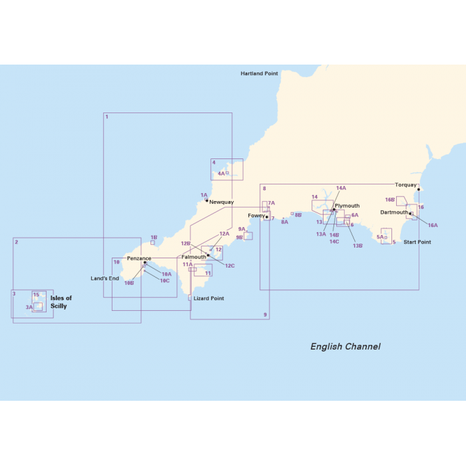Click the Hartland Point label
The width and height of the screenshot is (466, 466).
(x=259, y=73)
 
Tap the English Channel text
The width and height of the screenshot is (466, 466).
(x=346, y=347)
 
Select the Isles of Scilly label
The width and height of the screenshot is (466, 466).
(x=61, y=302)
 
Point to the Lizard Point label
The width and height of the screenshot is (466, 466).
(x=208, y=299)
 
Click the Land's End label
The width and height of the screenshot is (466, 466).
(x=105, y=278)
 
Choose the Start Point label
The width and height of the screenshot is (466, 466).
(x=417, y=242)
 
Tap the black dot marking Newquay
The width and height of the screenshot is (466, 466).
(x=207, y=200)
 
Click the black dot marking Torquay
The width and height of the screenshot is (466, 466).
(x=418, y=190)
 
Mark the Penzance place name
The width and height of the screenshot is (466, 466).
(x=139, y=258)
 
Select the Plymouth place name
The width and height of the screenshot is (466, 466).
(x=347, y=206)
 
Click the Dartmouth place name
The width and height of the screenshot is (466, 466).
(x=393, y=212)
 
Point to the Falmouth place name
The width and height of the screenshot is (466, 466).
(x=193, y=257)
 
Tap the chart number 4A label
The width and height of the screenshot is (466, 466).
(x=221, y=174)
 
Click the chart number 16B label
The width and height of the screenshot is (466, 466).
(x=390, y=200)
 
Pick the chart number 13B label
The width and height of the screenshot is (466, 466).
(x=357, y=246)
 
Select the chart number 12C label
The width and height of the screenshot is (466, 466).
(x=230, y=266)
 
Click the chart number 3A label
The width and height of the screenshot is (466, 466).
(x=29, y=308)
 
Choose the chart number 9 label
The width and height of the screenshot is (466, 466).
(x=265, y=315)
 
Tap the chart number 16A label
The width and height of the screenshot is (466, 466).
(x=433, y=226)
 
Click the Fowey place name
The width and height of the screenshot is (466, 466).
(x=256, y=216)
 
